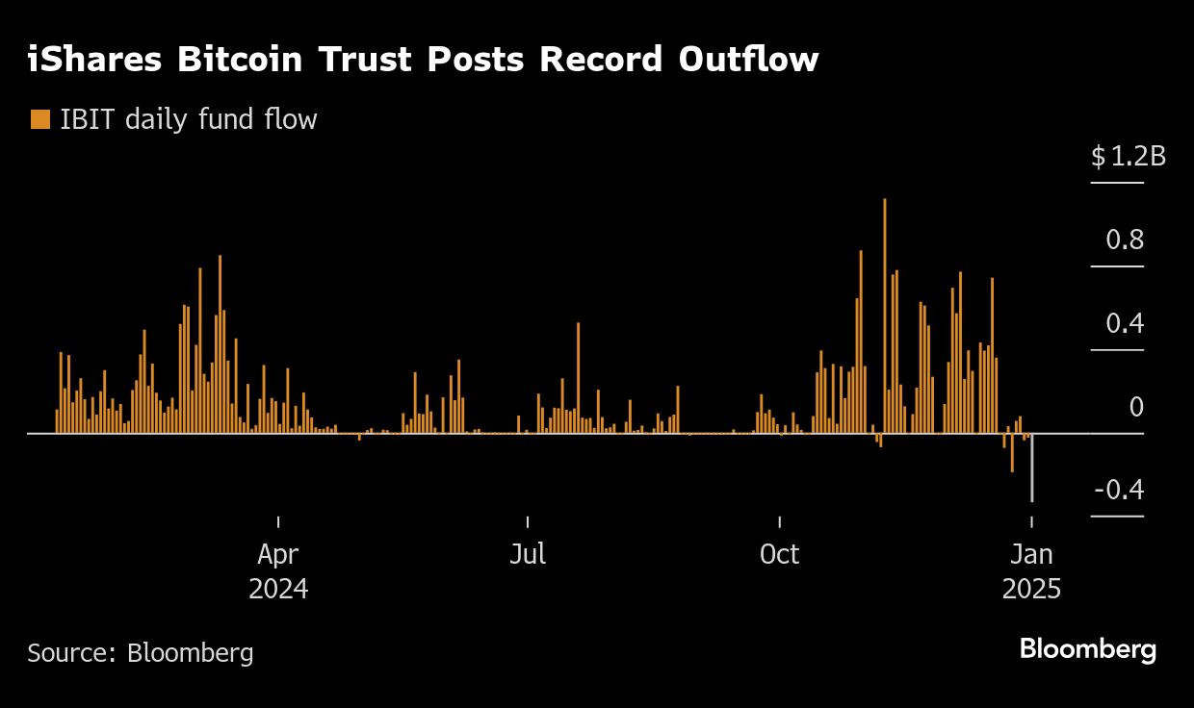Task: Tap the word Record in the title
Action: pyautogui.click(x=597, y=60)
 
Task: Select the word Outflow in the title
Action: pyautogui.click(x=748, y=60)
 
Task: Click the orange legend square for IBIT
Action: pyautogui.click(x=40, y=119)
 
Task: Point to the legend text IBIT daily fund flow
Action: pyautogui.click(x=189, y=119)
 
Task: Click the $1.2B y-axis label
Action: pyautogui.click(x=1128, y=157)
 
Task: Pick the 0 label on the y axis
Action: pyautogui.click(x=1135, y=407)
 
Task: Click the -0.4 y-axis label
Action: pyautogui.click(x=1118, y=491)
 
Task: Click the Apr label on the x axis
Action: pyautogui.click(x=278, y=554)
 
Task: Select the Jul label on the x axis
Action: pyautogui.click(x=528, y=554)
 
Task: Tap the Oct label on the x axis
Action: pyautogui.click(x=779, y=554)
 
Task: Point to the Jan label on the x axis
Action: pyautogui.click(x=1031, y=554)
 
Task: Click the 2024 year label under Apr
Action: pyautogui.click(x=278, y=589)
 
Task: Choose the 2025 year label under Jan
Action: pyautogui.click(x=1031, y=589)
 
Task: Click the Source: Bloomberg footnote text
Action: pyautogui.click(x=141, y=653)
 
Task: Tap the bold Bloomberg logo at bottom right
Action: pyautogui.click(x=1087, y=649)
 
